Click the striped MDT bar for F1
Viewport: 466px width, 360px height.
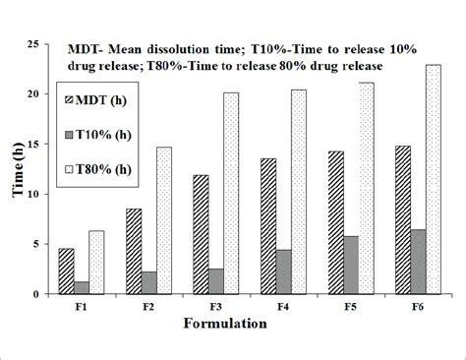tap(66, 271)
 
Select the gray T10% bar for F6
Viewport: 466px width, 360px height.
tap(419, 262)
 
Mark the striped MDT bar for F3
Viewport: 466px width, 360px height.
tap(201, 235)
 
